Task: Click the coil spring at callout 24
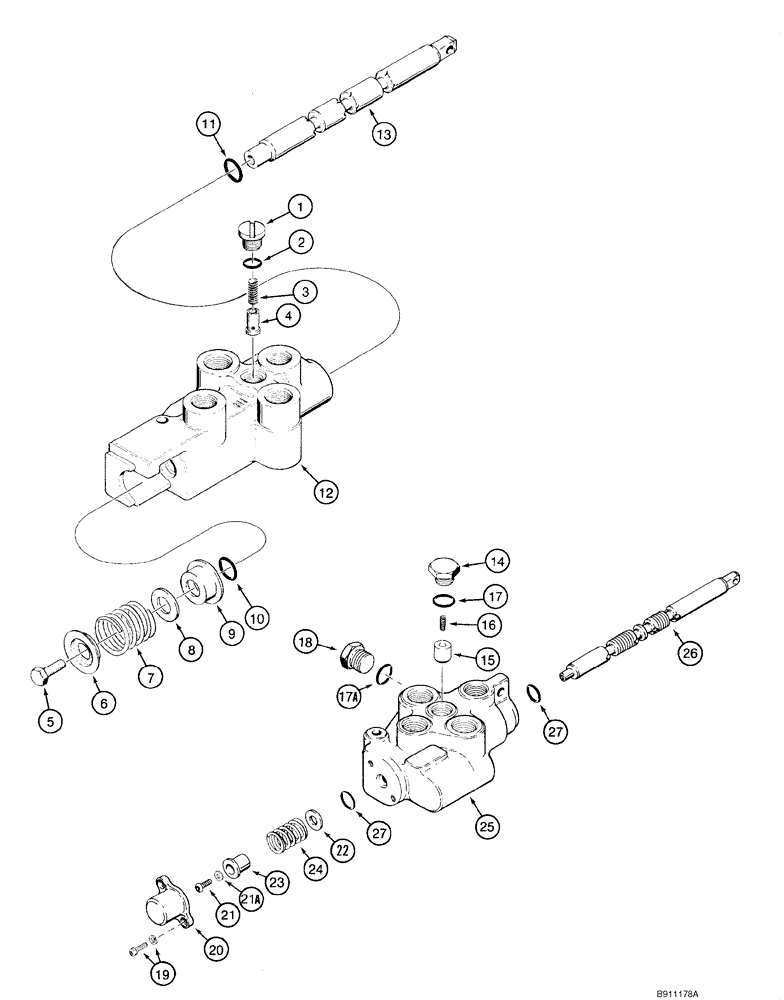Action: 284,835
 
